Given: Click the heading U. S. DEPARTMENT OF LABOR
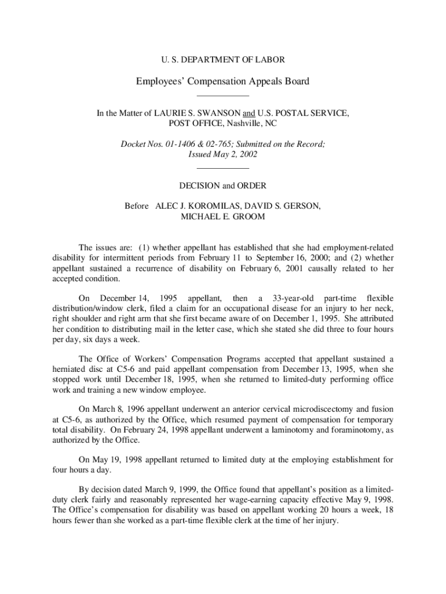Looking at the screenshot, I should click(x=222, y=60).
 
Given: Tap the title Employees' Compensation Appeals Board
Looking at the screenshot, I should click(x=222, y=81).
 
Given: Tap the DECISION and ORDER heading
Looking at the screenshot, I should click(x=222, y=186).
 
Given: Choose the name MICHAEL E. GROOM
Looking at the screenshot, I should click(x=222, y=218).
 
